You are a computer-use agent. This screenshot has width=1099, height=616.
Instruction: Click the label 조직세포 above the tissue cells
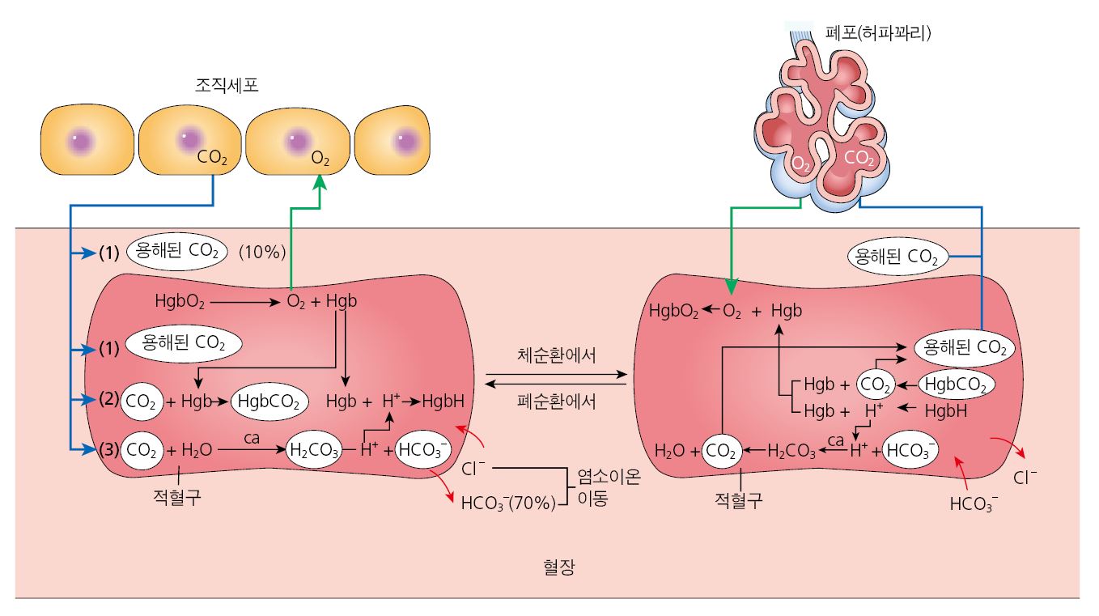tap(227, 85)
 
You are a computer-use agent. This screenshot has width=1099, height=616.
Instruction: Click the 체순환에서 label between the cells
tap(556, 356)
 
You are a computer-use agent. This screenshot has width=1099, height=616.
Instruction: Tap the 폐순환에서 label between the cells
tap(556, 401)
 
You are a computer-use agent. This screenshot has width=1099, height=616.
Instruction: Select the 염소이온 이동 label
tap(608, 487)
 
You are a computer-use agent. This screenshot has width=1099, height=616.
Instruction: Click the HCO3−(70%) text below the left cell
tap(508, 503)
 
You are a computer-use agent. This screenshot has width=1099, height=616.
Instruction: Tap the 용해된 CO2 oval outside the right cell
tap(896, 257)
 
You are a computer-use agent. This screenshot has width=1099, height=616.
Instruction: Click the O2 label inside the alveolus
tap(800, 164)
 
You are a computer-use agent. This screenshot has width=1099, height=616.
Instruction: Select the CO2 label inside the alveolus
tap(859, 158)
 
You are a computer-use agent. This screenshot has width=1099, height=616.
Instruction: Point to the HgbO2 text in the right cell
tap(673, 311)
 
